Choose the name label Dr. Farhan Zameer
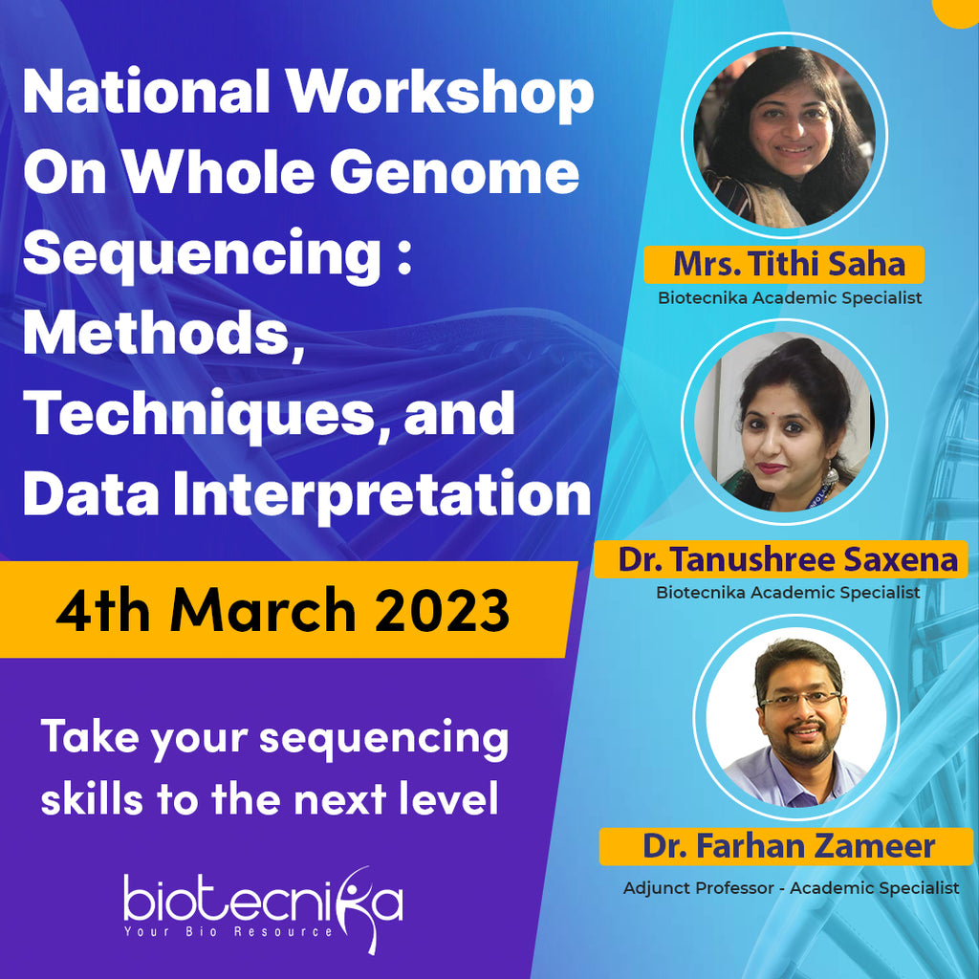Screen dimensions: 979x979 tap(788, 846)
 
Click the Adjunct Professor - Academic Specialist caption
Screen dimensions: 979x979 tap(791, 888)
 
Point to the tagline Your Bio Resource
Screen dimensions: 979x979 tap(229, 931)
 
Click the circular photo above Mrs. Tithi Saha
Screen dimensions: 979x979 tap(784, 137)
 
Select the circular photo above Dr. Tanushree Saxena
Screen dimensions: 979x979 tap(784, 422)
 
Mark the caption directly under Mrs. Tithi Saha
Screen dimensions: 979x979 tap(790, 297)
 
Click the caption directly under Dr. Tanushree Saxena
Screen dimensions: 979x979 tap(788, 593)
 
